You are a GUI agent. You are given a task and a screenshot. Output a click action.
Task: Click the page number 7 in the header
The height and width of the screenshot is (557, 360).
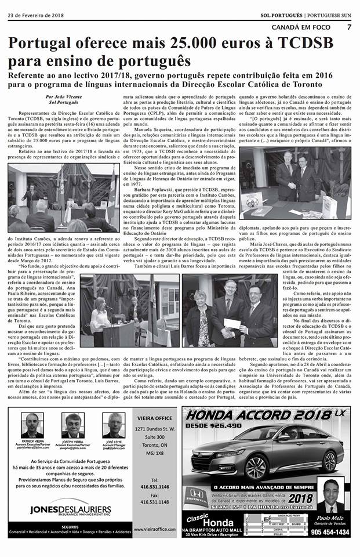click(350, 27)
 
